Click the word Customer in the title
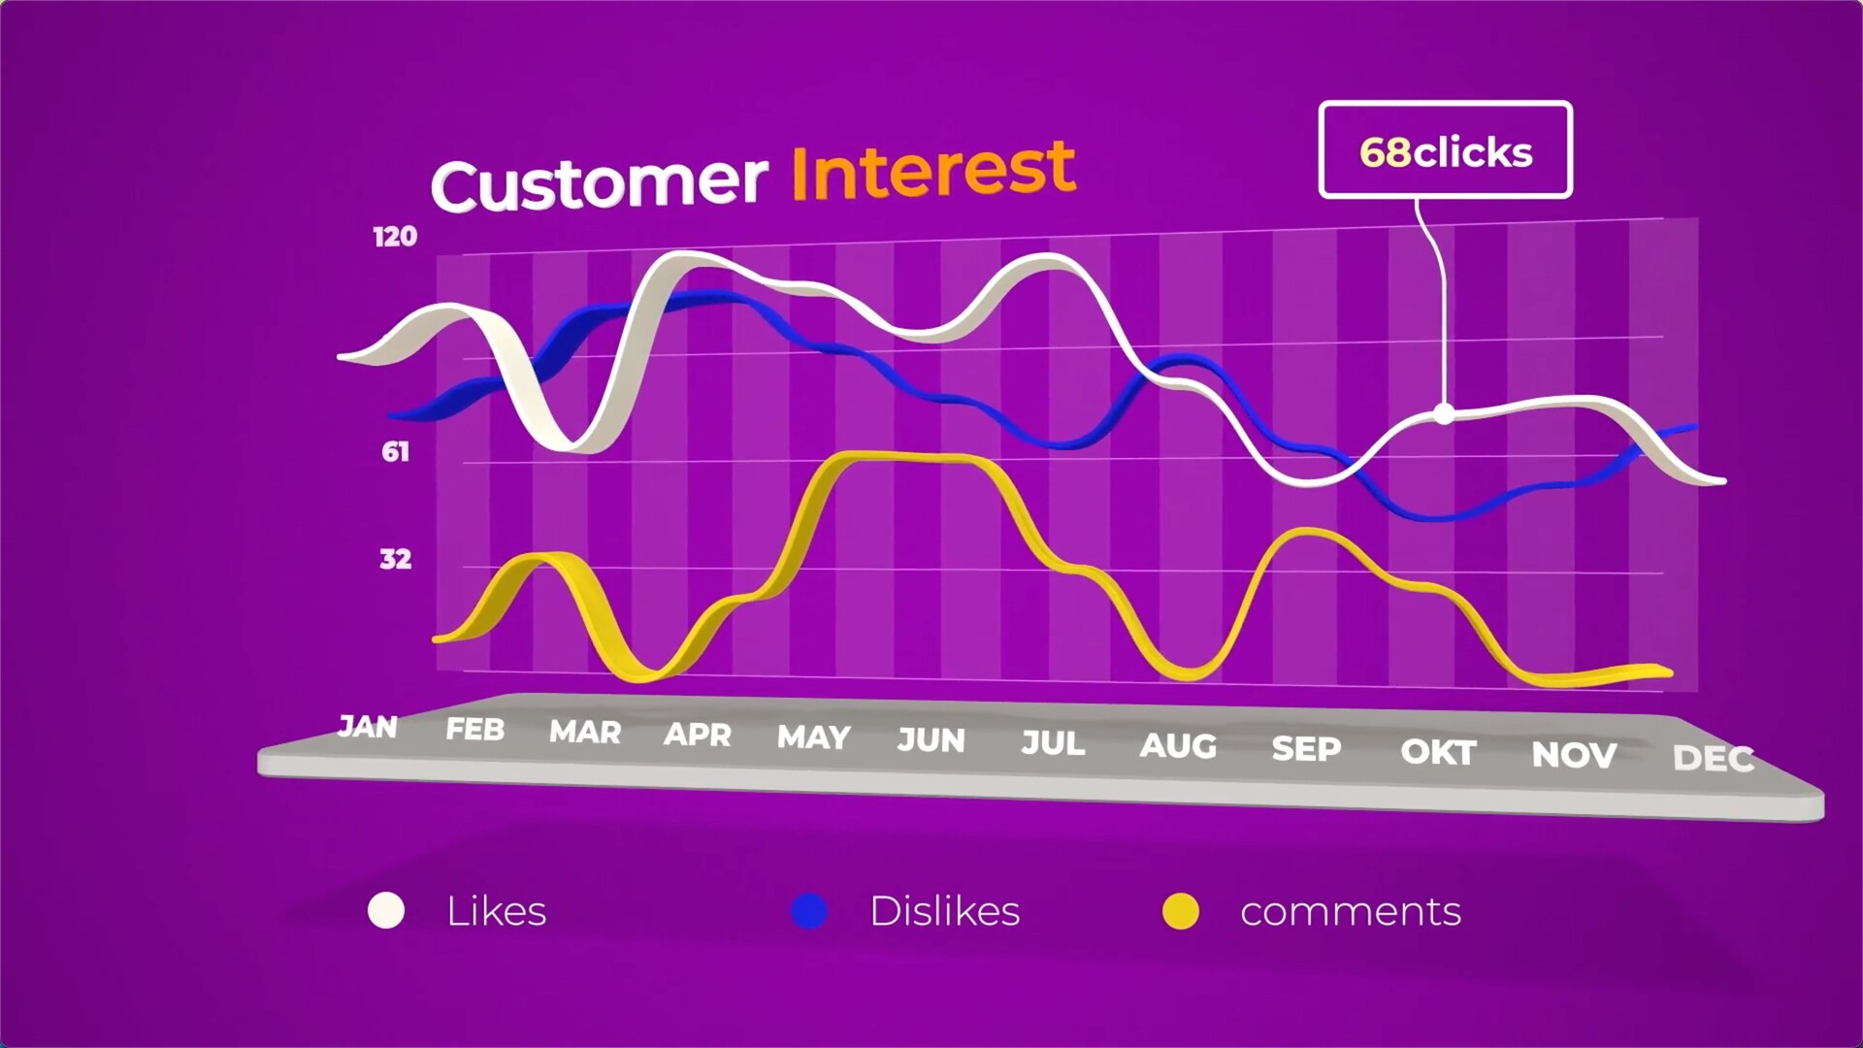(599, 181)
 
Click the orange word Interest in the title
(933, 170)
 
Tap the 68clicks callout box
(1445, 150)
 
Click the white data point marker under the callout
(1444, 414)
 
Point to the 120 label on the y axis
(395, 237)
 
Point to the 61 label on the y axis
(395, 451)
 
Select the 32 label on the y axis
(395, 559)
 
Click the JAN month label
(368, 726)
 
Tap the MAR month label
(585, 732)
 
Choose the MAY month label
(814, 737)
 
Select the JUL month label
(1053, 743)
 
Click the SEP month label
(1306, 749)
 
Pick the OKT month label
(1438, 752)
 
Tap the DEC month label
(1714, 758)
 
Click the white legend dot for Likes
(386, 910)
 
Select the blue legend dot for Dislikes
(808, 911)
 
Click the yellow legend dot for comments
(1181, 911)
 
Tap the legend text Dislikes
(944, 910)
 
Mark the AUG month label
(1178, 746)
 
